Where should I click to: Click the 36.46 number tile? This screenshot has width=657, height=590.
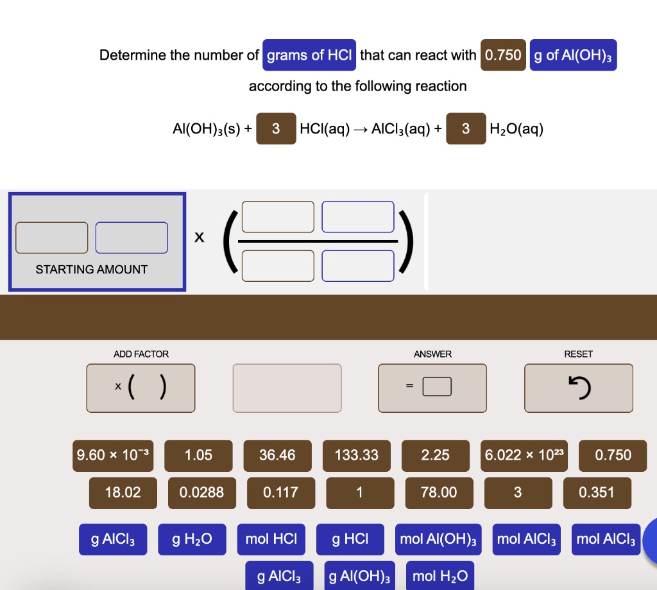pyautogui.click(x=277, y=455)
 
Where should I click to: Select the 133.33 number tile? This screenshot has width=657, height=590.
pyautogui.click(x=357, y=455)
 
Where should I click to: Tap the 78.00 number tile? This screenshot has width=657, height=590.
pyautogui.click(x=439, y=492)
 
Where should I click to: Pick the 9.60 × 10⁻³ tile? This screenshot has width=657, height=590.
pyautogui.click(x=112, y=455)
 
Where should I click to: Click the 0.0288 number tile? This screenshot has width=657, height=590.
pyautogui.click(x=201, y=492)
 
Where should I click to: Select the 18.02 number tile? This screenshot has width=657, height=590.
pyautogui.click(x=123, y=492)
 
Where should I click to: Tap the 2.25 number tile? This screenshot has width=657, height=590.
pyautogui.click(x=436, y=455)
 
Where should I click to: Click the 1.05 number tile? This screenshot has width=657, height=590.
pyautogui.click(x=198, y=455)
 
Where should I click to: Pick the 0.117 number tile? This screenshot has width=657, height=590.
pyautogui.click(x=280, y=492)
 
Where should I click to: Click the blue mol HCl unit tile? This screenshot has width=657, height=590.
pyautogui.click(x=271, y=539)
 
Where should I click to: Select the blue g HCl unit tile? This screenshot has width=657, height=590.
pyautogui.click(x=350, y=539)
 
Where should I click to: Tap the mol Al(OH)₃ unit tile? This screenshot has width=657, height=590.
pyautogui.click(x=439, y=539)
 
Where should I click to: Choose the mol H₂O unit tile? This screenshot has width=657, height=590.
pyautogui.click(x=439, y=576)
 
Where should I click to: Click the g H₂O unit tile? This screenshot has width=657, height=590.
pyautogui.click(x=192, y=539)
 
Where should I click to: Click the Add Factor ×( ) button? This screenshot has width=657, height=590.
pyautogui.click(x=141, y=387)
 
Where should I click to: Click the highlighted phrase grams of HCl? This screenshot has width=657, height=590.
pyautogui.click(x=309, y=55)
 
